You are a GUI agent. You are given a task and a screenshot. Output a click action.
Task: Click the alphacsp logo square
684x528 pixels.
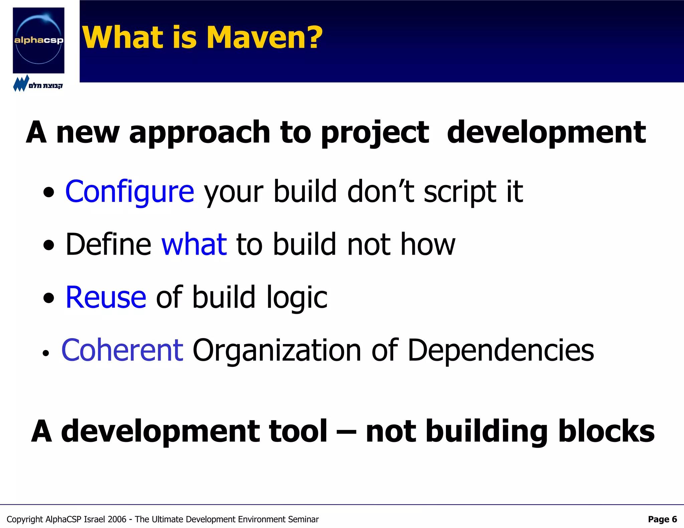pyautogui.click(x=38, y=40)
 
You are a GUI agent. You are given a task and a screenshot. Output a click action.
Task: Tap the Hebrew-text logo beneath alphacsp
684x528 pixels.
pyautogui.click(x=37, y=84)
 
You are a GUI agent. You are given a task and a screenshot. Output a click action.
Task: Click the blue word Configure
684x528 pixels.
pyautogui.click(x=130, y=192)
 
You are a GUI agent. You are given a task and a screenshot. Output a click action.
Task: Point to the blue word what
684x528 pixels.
pyautogui.click(x=194, y=245)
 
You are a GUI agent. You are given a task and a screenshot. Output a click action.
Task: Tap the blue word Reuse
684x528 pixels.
pyautogui.click(x=106, y=297)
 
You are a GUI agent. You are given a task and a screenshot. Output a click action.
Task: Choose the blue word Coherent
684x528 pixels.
pyautogui.click(x=122, y=350)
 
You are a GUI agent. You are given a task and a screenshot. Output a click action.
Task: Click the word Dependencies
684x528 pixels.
pyautogui.click(x=501, y=350)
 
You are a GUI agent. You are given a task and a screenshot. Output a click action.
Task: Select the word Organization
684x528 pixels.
pyautogui.click(x=277, y=350)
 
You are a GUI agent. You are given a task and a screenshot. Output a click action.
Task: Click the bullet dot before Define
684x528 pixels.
pyautogui.click(x=49, y=245)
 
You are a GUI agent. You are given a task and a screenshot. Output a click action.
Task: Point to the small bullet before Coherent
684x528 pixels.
pyautogui.click(x=46, y=354)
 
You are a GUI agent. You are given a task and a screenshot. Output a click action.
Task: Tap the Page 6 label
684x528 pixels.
pyautogui.click(x=662, y=519)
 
